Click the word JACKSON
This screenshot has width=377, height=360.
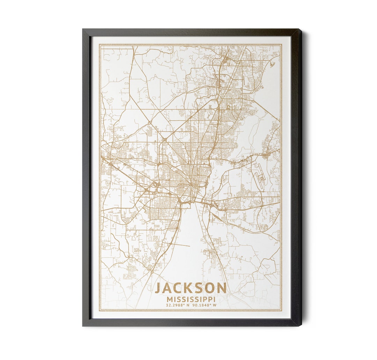click(x=191, y=288)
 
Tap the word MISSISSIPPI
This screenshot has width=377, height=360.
click(x=191, y=300)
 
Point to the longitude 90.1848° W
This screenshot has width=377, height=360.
click(x=204, y=305)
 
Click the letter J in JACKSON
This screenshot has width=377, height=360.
click(x=158, y=288)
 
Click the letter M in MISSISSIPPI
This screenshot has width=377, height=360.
click(x=170, y=300)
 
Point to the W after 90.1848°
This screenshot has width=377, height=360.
click(x=215, y=305)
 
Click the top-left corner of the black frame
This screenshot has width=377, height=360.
click(x=83, y=29)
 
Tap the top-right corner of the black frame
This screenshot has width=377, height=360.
click(x=300, y=29)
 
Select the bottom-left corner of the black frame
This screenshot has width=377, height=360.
click(x=83, y=326)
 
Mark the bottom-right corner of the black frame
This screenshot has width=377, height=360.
click(x=300, y=326)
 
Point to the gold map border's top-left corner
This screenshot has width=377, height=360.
click(x=99, y=45)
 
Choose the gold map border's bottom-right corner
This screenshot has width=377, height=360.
click(x=281, y=310)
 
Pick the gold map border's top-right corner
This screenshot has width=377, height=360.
click(x=281, y=45)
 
